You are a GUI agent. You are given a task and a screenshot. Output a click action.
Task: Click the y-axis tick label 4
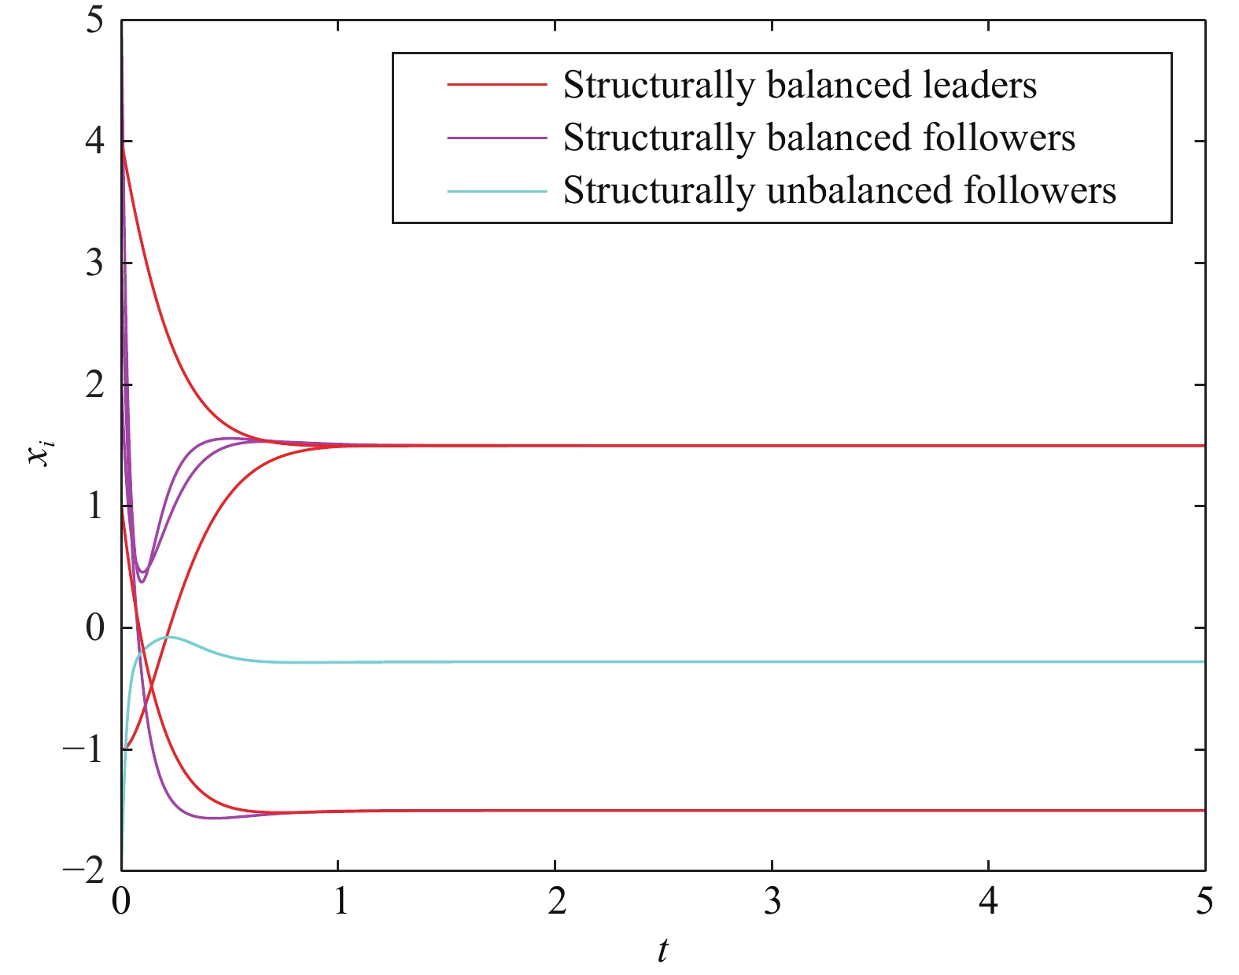coord(94,142)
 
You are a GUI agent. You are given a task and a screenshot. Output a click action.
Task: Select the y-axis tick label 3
coord(94,263)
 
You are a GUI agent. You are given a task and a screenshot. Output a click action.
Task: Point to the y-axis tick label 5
coord(94,21)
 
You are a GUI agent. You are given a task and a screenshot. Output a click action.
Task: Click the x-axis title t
coord(663,951)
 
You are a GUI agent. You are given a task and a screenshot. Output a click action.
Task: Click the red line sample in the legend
coord(496,84)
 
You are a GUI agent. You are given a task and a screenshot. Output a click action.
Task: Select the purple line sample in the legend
coord(496,138)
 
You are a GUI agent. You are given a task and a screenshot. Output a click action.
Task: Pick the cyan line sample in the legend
coord(496,190)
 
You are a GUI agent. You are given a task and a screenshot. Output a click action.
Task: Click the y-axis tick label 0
coord(94,628)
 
